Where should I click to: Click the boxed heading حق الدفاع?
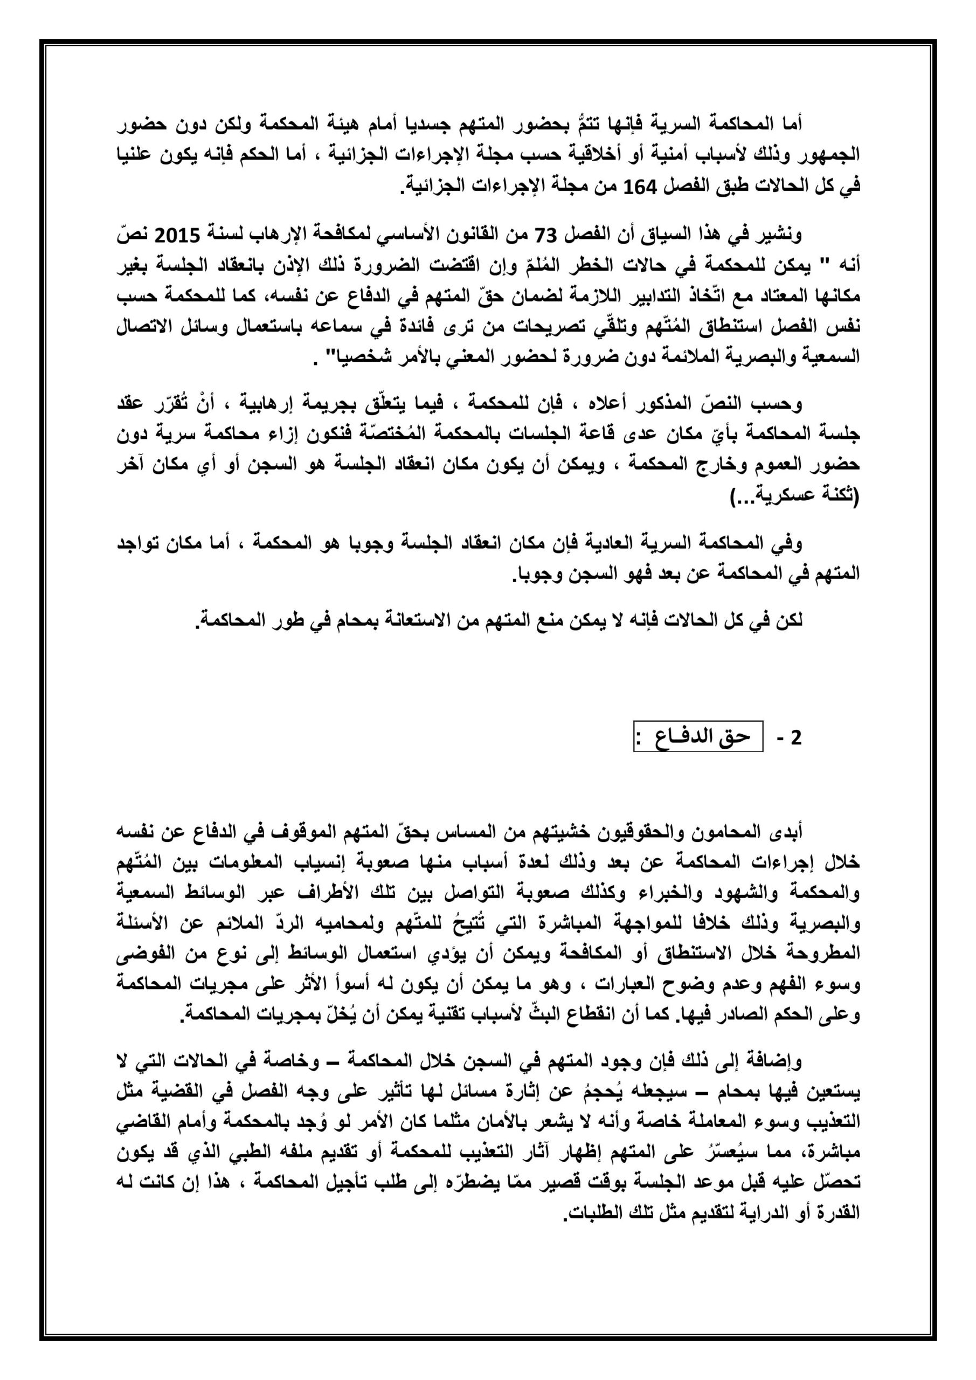[x=698, y=737]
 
